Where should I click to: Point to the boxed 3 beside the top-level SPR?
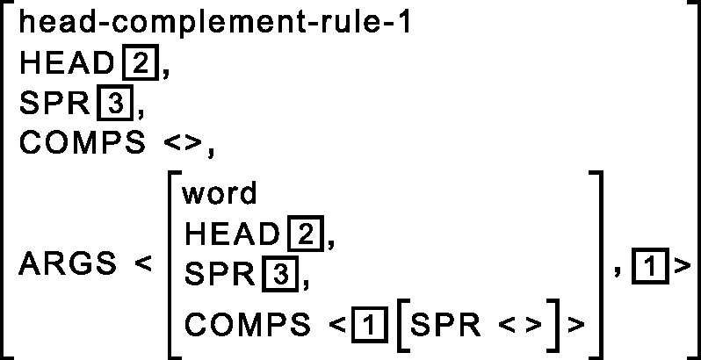pos(113,104)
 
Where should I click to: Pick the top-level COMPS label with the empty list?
pos(82,144)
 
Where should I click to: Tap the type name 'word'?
pos(220,192)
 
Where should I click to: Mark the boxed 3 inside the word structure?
pos(279,275)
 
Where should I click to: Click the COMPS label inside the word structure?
pos(248,324)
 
